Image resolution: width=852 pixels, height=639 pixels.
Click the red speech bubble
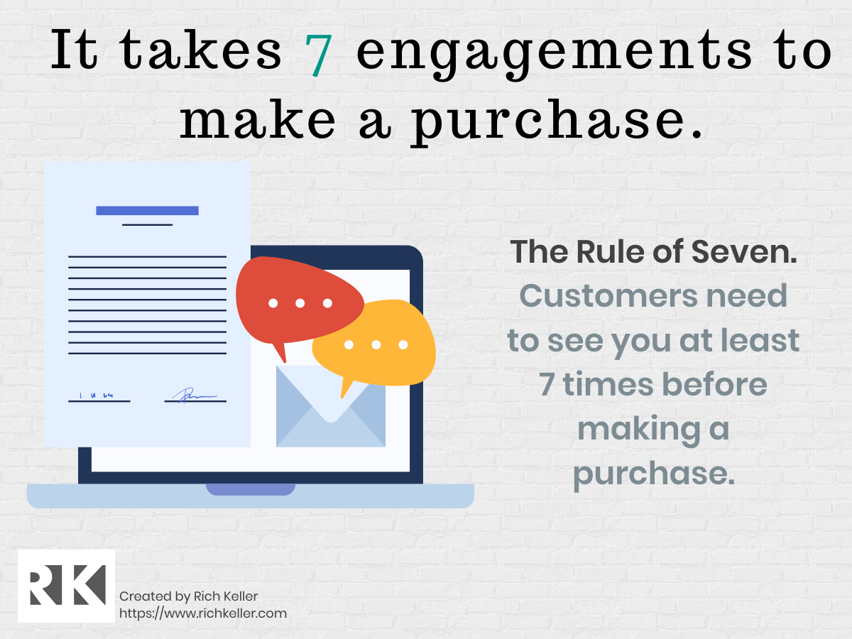click(298, 300)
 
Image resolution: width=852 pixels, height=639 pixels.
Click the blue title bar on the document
click(147, 210)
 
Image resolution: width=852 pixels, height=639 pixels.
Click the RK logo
click(66, 586)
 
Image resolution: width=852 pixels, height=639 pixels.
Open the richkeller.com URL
click(202, 613)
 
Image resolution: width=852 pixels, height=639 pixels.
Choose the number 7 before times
click(547, 385)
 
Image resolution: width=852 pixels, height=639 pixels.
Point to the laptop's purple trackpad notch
click(250, 489)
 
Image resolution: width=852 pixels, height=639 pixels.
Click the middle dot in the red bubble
click(300, 303)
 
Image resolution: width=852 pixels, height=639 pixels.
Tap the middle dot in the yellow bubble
click(376, 345)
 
